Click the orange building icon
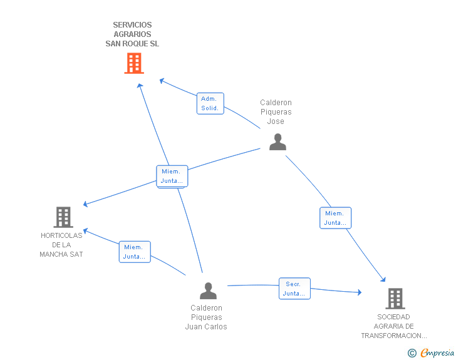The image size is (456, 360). click(134, 63)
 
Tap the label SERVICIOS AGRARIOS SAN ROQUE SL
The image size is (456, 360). click(132, 34)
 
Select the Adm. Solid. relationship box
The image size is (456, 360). click(210, 103)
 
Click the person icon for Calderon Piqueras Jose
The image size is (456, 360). click(277, 142)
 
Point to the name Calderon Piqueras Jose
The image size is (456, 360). click(276, 112)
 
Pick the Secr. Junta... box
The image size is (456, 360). click(294, 289)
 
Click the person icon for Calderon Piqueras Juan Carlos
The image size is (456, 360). click(208, 291)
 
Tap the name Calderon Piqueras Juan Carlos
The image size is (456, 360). click(206, 317)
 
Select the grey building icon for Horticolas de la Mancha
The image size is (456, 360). click(63, 217)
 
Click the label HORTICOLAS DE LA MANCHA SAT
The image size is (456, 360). click(61, 245)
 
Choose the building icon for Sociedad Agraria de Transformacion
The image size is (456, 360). click(395, 299)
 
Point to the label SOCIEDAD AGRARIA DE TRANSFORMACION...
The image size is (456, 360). click(394, 326)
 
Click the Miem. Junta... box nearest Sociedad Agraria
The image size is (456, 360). click(336, 218)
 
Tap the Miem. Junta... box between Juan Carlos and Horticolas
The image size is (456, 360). click(135, 252)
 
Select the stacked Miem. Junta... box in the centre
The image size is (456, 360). click(172, 176)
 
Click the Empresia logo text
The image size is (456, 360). click(437, 352)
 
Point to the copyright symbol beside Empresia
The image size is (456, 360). click(412, 353)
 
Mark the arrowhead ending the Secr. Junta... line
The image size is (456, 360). click(360, 292)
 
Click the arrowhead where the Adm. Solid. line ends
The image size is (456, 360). click(162, 81)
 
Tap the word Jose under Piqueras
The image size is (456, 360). click(276, 121)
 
